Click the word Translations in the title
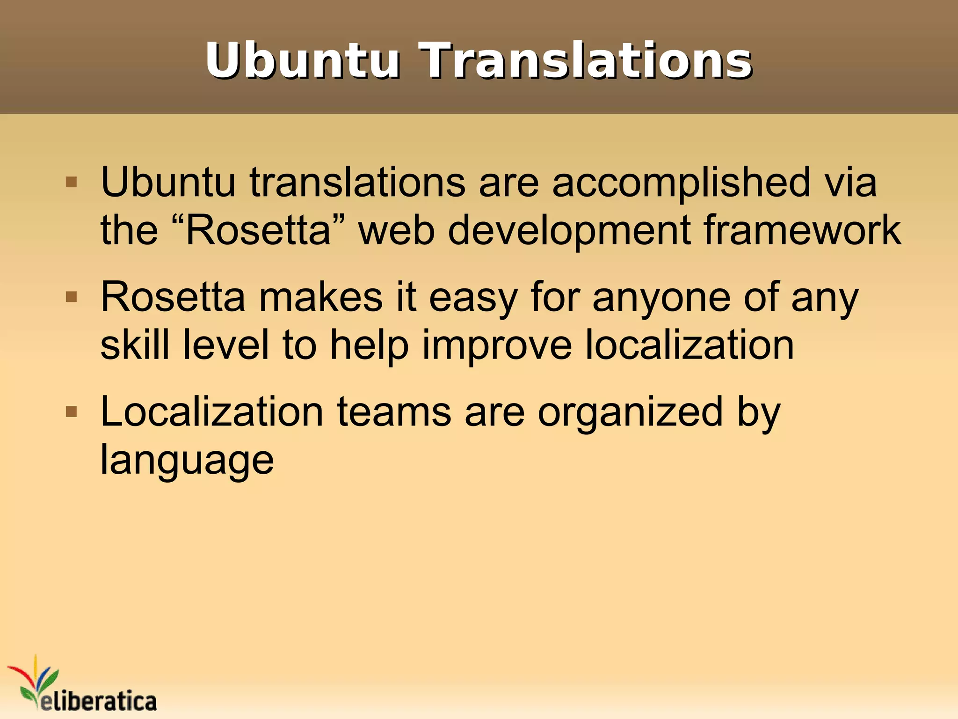(x=586, y=61)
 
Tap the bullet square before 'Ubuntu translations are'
(x=71, y=182)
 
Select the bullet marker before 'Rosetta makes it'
(x=71, y=297)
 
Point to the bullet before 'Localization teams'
(x=71, y=412)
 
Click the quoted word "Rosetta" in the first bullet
(x=258, y=230)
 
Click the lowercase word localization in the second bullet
(x=689, y=345)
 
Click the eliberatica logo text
(x=98, y=701)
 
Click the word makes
(x=321, y=298)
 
